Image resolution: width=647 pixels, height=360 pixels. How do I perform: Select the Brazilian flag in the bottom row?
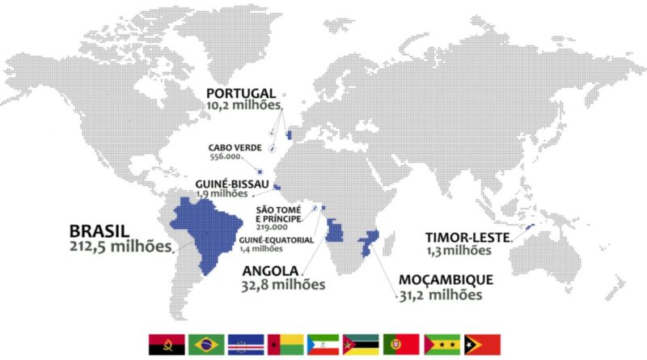[x=205, y=345]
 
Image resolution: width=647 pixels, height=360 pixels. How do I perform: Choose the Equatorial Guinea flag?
[x=323, y=345]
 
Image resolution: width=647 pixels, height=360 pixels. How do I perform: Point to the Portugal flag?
[x=400, y=345]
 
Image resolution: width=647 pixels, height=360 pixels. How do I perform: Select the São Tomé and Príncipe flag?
[x=439, y=345]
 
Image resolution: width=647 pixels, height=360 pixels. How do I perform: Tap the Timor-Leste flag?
[x=483, y=345]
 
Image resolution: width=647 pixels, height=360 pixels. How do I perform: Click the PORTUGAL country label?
[x=241, y=93]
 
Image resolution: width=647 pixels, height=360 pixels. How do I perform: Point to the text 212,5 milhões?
[x=121, y=246]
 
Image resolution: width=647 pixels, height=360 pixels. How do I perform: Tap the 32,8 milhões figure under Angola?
[x=283, y=284]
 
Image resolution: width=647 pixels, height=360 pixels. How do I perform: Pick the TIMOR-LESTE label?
[x=467, y=237]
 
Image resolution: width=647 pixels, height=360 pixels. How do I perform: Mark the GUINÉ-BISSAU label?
[x=233, y=184]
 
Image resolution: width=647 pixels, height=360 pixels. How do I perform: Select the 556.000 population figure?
[x=226, y=157]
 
